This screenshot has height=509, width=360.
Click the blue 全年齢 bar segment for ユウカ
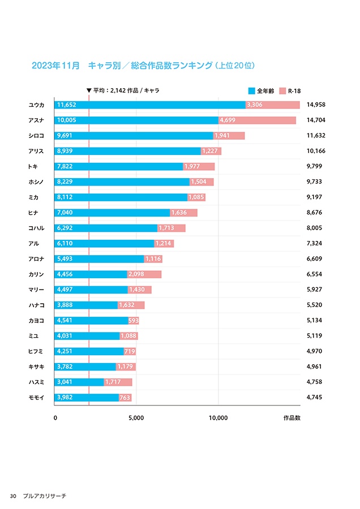[150, 105]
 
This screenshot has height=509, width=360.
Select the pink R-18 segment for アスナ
[257, 120]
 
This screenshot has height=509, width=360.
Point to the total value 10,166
[316, 151]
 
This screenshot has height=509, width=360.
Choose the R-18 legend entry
[290, 90]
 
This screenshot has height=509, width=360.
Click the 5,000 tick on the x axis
[136, 419]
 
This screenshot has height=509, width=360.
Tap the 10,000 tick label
[218, 419]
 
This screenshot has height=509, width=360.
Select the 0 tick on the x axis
[55, 419]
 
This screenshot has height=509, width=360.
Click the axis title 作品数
[292, 419]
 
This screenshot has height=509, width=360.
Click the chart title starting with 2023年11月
[144, 66]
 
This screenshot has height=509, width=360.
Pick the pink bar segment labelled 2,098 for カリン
[144, 274]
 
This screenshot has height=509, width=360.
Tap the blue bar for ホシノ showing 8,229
[122, 182]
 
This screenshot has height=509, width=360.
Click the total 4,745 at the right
[314, 398]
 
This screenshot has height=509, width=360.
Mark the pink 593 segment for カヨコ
[134, 321]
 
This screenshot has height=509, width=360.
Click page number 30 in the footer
[13, 496]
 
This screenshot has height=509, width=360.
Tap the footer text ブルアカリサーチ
[45, 496]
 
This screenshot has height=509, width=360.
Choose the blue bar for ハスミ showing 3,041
[79, 382]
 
